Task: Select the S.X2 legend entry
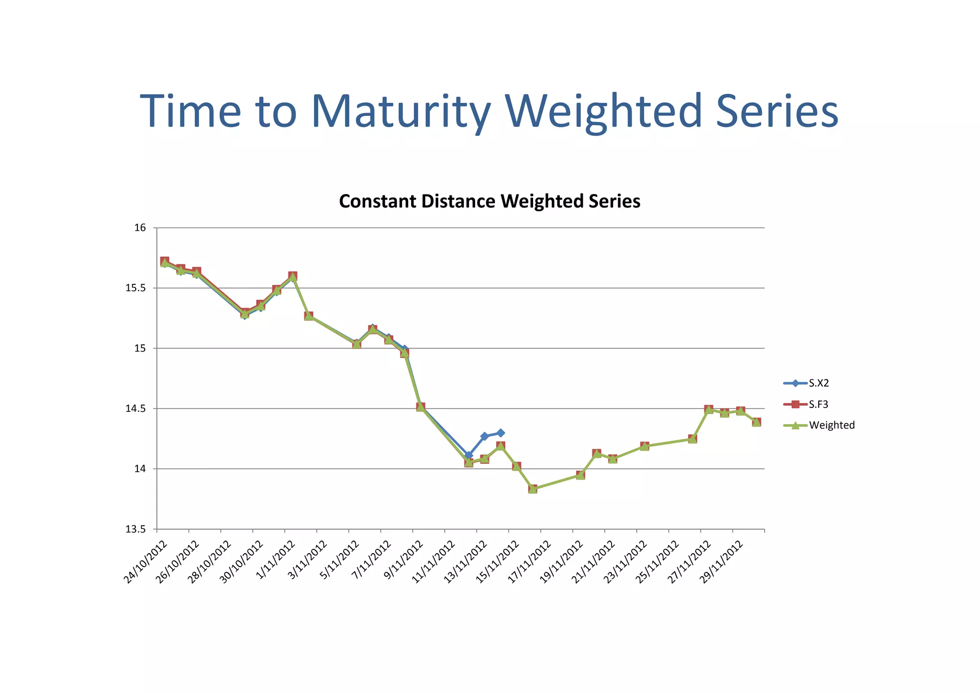(x=819, y=383)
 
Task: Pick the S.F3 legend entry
(x=819, y=404)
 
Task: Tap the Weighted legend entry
(x=832, y=425)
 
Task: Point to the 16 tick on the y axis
(x=140, y=227)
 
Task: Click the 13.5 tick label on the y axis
(x=135, y=529)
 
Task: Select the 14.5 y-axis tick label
(x=135, y=409)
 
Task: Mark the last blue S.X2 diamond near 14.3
(x=501, y=433)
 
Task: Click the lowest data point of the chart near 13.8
(x=533, y=489)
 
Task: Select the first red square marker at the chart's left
(x=165, y=261)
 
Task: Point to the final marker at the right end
(x=757, y=422)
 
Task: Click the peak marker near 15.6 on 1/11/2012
(x=293, y=276)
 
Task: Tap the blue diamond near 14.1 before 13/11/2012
(x=468, y=455)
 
